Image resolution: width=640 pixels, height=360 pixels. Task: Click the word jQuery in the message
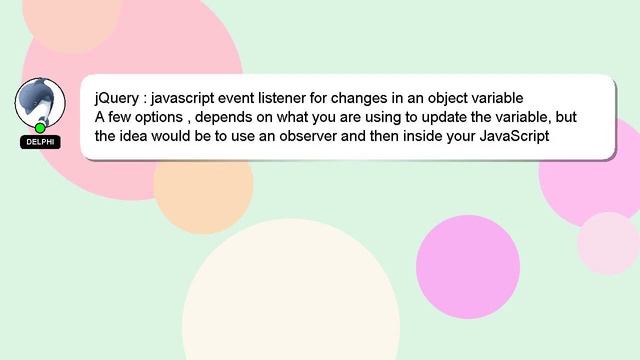pos(117,98)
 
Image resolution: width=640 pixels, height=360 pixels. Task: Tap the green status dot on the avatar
pos(40,128)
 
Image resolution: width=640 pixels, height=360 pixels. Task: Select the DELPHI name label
pos(40,142)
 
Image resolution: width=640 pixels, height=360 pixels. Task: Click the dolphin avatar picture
pos(40,102)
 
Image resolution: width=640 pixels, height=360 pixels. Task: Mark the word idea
pos(142,135)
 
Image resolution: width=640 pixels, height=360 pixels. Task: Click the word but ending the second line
pos(566,117)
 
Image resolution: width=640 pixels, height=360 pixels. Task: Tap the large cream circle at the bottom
pos(291,300)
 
